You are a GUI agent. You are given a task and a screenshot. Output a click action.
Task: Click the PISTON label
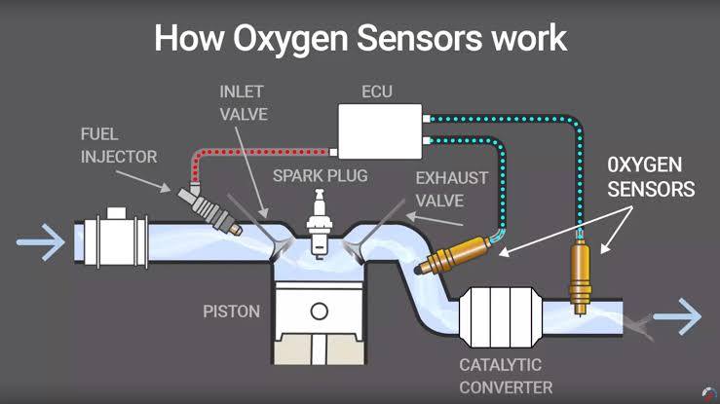pyautogui.click(x=231, y=312)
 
